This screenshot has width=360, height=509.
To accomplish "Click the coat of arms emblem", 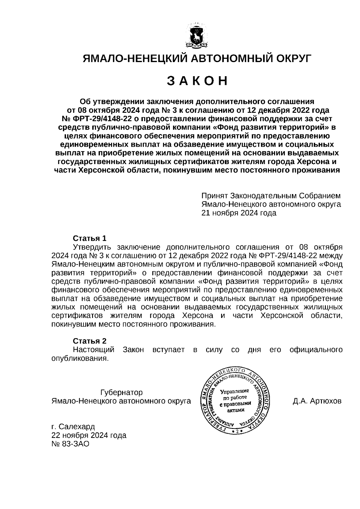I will [197, 36].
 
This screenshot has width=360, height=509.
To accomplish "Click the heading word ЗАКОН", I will [197, 81].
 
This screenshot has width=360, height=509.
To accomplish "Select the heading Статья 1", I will [90, 238].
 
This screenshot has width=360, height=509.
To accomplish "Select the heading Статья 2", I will [90, 341].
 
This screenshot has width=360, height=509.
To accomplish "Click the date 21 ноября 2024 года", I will [239, 213].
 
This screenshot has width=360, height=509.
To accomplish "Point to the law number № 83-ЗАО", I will [70, 444].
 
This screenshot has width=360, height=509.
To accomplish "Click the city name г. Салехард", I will [73, 427].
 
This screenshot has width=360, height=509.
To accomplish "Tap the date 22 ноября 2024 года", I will [89, 435].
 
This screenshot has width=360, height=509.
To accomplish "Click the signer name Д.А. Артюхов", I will [317, 401].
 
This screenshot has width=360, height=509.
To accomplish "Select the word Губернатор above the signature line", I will [121, 392].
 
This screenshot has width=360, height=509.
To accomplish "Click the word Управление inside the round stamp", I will [235, 391].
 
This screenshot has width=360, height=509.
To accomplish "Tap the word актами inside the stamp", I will [235, 410].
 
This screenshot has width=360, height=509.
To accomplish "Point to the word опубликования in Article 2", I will [79, 358].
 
